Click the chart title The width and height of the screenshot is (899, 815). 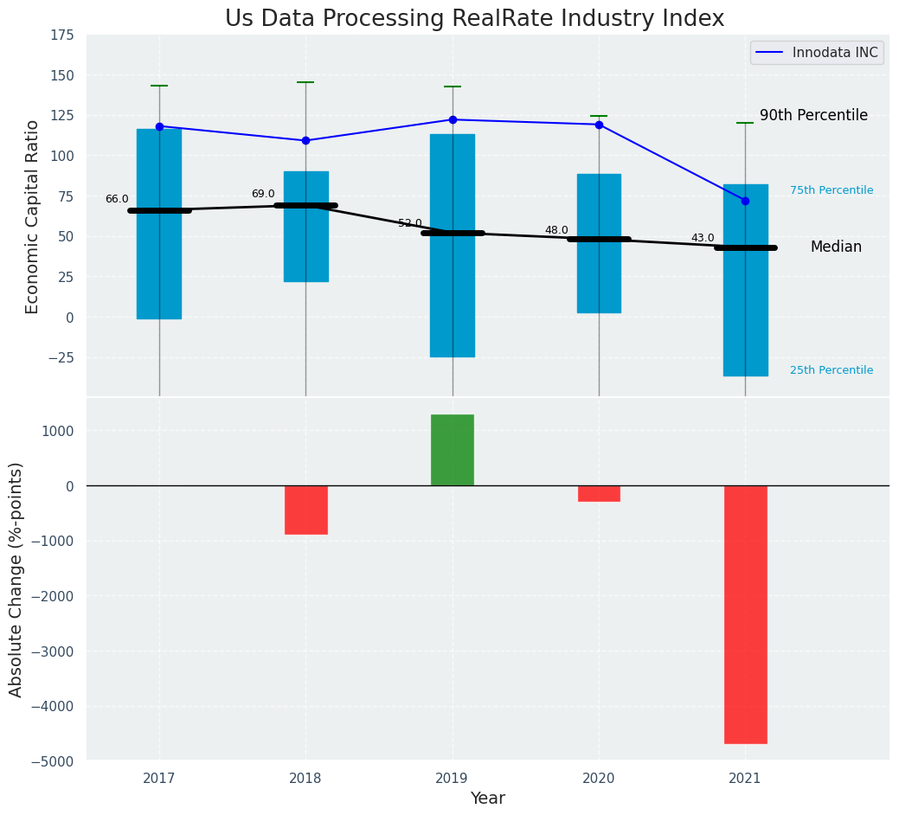click(x=474, y=19)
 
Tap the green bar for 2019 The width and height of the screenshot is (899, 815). click(x=453, y=450)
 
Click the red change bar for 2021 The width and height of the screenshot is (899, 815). click(x=745, y=614)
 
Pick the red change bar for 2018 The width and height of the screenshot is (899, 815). click(x=305, y=510)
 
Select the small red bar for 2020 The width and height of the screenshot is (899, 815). click(x=599, y=493)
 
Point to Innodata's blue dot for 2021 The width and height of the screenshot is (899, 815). click(x=745, y=201)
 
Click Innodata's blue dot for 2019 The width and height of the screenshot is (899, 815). click(x=453, y=119)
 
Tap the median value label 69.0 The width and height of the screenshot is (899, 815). click(x=263, y=195)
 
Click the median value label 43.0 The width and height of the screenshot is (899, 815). click(x=703, y=239)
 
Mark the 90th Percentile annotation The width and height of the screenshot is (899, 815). click(x=813, y=116)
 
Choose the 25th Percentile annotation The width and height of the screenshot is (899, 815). click(x=832, y=370)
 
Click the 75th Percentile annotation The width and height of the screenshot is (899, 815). click(x=832, y=190)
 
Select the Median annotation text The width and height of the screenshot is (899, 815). click(x=836, y=247)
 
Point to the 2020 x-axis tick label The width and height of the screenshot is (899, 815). click(x=599, y=779)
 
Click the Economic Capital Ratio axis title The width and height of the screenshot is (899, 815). click(x=33, y=216)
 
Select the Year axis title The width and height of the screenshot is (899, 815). click(x=487, y=799)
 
